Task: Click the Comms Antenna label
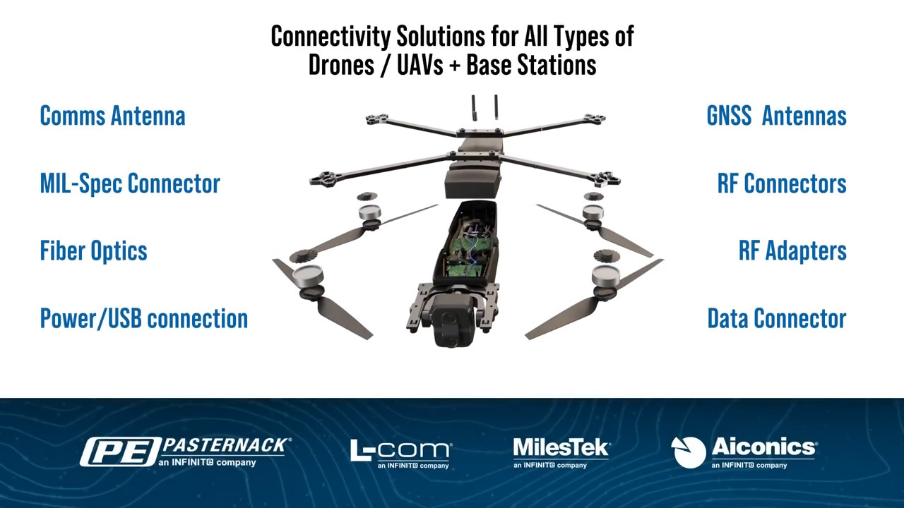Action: [112, 116]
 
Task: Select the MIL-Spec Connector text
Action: [130, 183]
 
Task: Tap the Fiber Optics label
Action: [93, 250]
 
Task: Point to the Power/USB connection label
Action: [143, 318]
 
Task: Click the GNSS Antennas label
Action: [776, 116]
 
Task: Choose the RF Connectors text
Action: [782, 183]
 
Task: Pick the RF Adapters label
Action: [792, 250]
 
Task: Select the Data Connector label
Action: [776, 318]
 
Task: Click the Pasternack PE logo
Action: [120, 452]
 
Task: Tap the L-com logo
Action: [400, 452]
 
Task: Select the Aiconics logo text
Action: [763, 447]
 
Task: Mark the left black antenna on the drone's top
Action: [474, 108]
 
